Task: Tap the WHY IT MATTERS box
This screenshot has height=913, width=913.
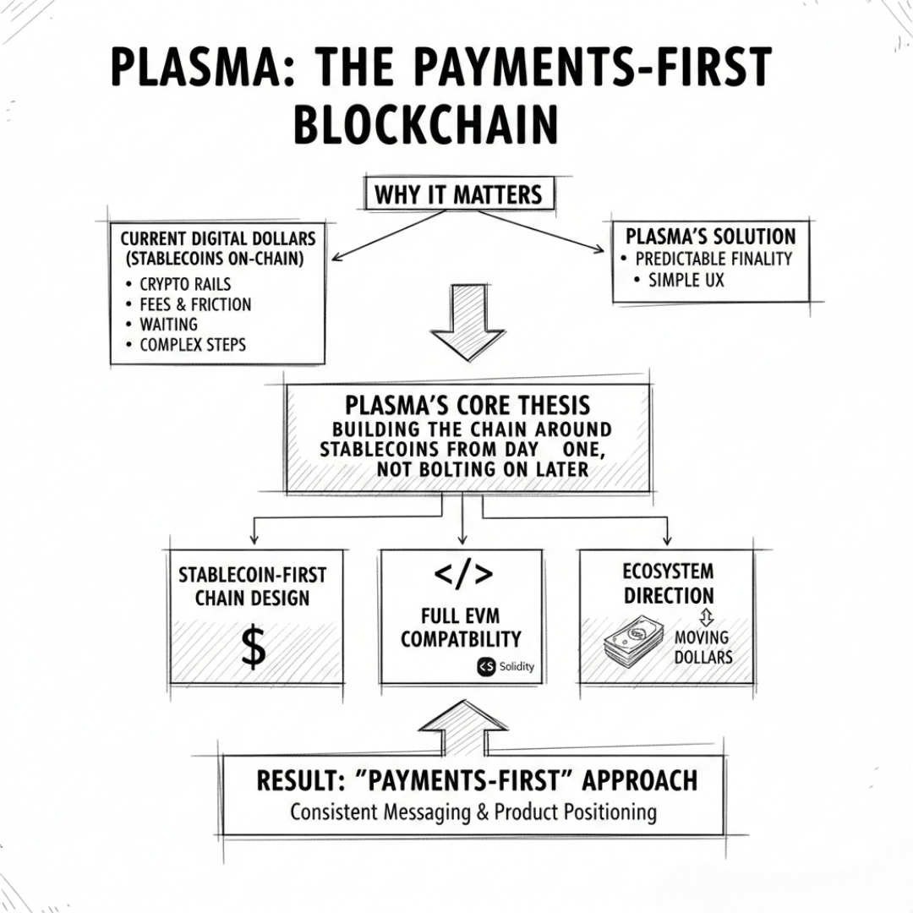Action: [458, 195]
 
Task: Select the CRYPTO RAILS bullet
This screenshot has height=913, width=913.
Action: [185, 284]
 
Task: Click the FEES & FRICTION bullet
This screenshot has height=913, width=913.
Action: [195, 304]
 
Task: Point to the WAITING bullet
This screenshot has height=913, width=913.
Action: [168, 325]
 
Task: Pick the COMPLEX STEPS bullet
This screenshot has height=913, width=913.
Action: [193, 345]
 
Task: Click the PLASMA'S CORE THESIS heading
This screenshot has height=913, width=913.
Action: [467, 403]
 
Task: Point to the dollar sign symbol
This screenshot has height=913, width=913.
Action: [253, 648]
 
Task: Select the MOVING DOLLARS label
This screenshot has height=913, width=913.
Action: [702, 646]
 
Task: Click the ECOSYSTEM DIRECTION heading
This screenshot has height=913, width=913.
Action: [668, 583]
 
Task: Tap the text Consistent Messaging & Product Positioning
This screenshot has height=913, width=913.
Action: [473, 812]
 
